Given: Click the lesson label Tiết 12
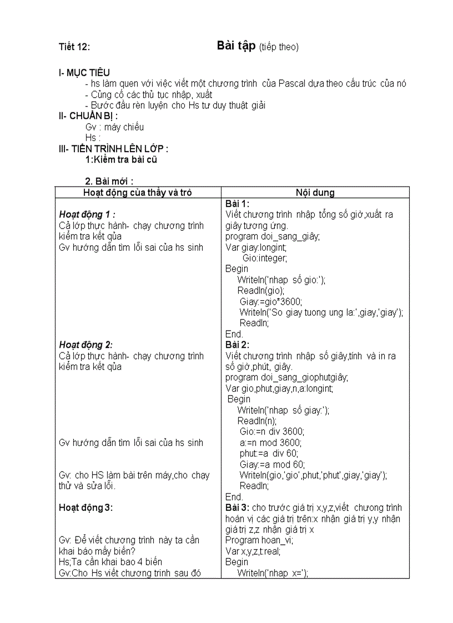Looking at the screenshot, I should (x=74, y=47).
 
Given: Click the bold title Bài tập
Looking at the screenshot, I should (x=236, y=46).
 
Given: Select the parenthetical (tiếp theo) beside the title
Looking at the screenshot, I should (x=279, y=47).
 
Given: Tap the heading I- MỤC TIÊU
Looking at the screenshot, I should (x=84, y=73).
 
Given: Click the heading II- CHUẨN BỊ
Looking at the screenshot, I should (x=88, y=116).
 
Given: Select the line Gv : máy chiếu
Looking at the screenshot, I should (x=114, y=127).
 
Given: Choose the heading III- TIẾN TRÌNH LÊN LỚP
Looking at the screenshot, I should (x=113, y=149).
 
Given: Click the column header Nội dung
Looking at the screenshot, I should (x=315, y=193).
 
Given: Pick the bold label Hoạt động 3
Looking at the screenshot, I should (x=85, y=508).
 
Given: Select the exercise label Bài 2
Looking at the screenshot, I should (x=238, y=345).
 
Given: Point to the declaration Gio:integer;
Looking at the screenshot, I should (x=265, y=258).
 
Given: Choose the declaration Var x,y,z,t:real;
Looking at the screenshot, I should (x=253, y=551).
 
